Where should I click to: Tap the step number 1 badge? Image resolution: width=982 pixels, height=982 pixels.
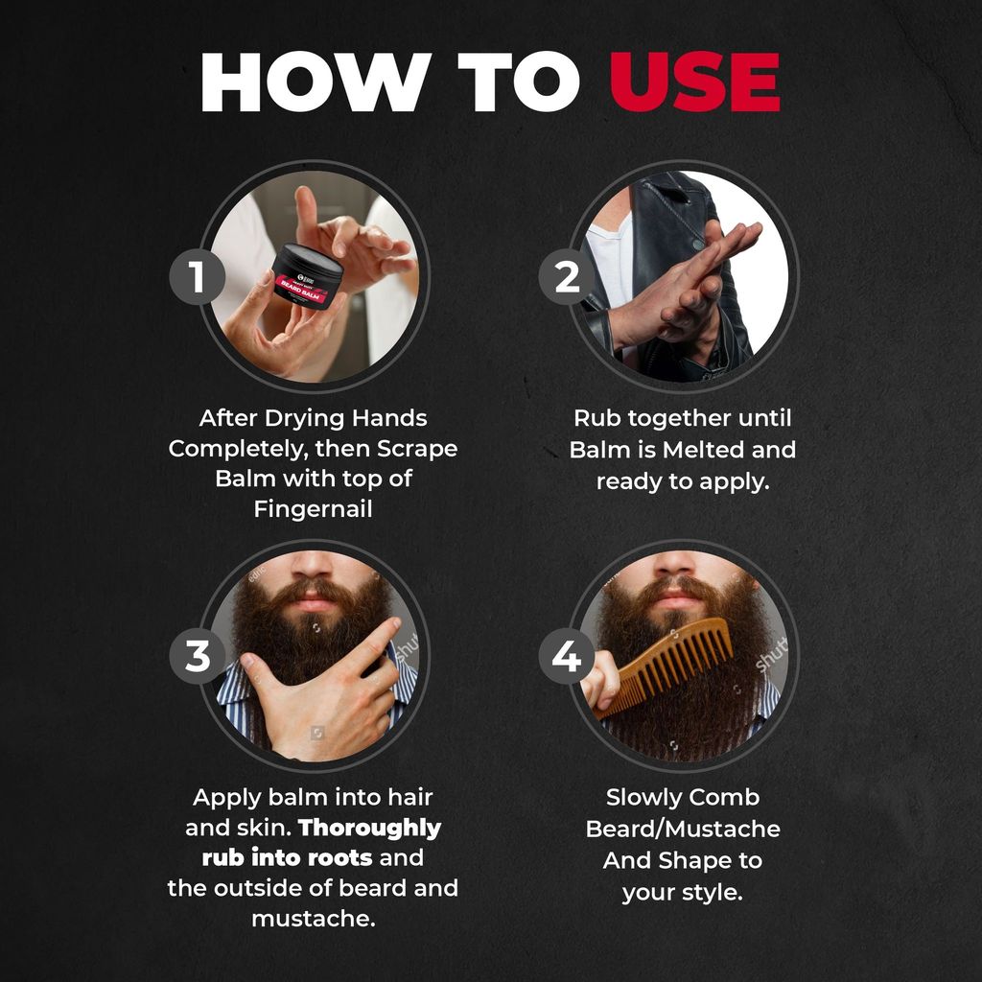(198, 277)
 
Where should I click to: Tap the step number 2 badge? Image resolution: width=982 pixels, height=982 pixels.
(567, 277)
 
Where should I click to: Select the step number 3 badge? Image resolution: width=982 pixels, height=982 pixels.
(198, 657)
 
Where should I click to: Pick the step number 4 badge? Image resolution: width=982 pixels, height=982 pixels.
(567, 657)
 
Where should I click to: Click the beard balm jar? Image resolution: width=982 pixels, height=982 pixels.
(307, 275)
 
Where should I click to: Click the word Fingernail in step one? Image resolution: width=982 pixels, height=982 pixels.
(313, 509)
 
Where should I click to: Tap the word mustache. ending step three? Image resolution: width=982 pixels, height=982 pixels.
(313, 919)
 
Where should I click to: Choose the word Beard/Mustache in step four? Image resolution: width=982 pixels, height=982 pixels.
(683, 829)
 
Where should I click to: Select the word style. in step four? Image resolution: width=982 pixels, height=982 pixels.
(713, 892)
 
